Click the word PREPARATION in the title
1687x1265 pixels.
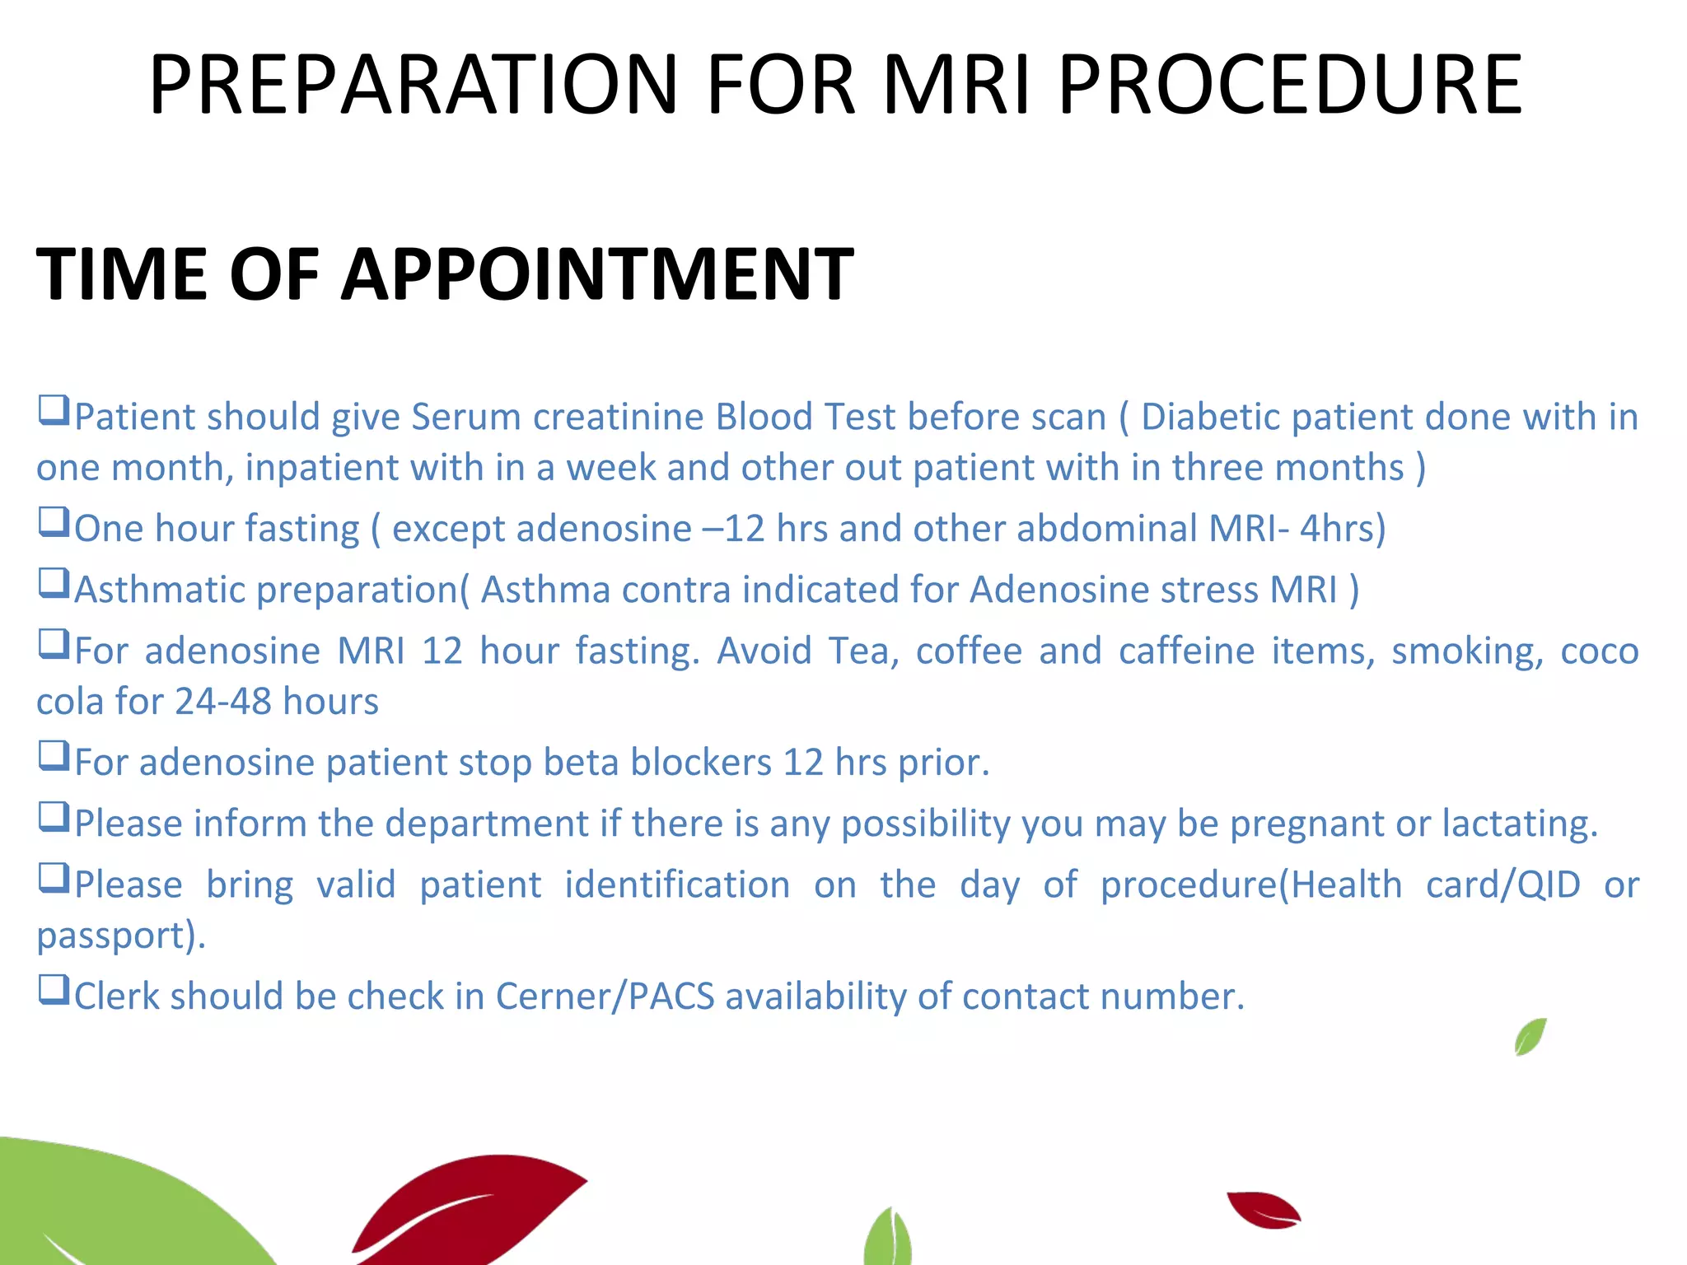(412, 84)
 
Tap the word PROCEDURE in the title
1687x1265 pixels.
(1290, 84)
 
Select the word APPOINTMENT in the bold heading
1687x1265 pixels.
(597, 274)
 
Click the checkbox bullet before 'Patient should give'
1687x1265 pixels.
(54, 410)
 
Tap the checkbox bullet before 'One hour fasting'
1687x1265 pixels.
(54, 522)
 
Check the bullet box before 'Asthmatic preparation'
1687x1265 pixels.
(54, 583)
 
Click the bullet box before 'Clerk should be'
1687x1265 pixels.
(54, 990)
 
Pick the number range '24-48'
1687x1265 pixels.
(222, 702)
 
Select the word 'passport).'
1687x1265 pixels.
(121, 936)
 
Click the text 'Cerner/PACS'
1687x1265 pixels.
(605, 997)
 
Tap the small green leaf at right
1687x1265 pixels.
(1530, 1037)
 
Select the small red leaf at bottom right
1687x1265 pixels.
(1262, 1209)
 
